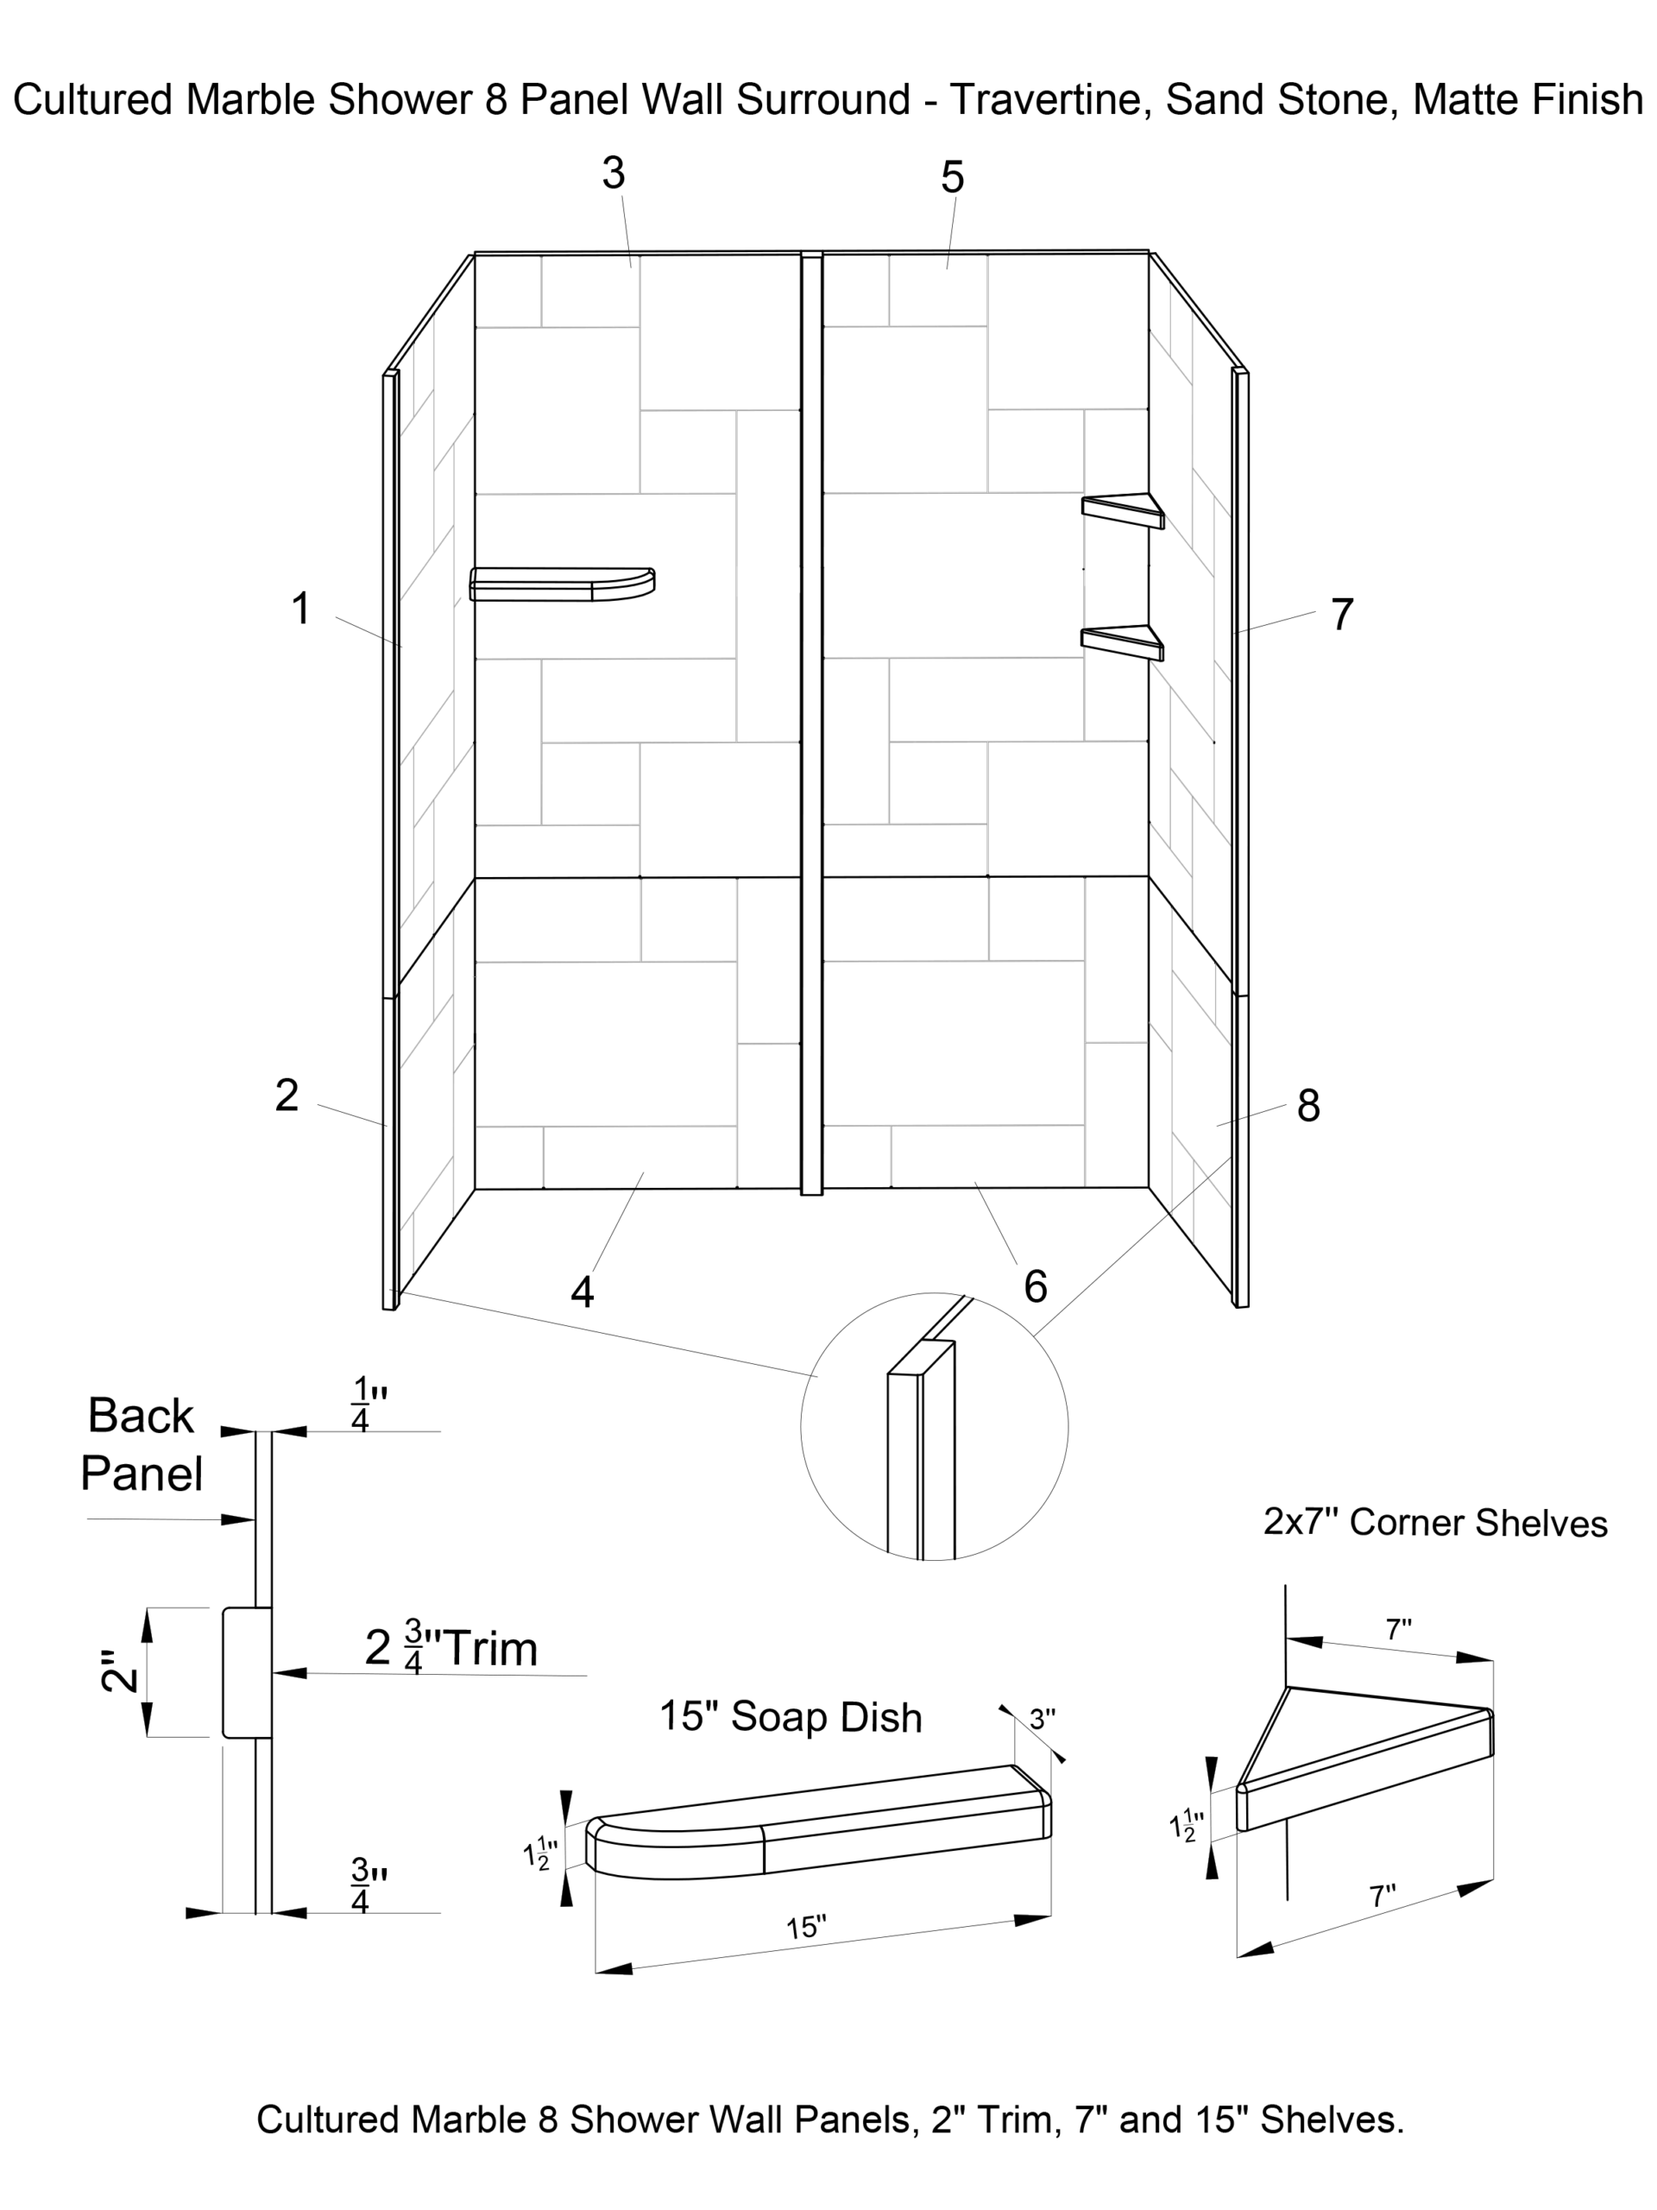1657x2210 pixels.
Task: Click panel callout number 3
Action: (x=614, y=174)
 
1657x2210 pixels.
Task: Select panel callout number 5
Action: (x=952, y=178)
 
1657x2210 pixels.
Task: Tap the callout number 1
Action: (x=300, y=609)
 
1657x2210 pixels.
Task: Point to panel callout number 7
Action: (x=1341, y=615)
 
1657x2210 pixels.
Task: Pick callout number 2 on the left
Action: (x=287, y=1095)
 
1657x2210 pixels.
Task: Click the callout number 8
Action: (x=1308, y=1106)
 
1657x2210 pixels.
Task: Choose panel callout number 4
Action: (x=583, y=1291)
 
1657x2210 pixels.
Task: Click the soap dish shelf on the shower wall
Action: (x=563, y=584)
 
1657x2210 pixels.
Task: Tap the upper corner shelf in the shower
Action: (x=1124, y=508)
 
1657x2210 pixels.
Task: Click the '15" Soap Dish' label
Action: (x=790, y=1716)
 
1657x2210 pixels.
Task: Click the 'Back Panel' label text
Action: (x=141, y=1444)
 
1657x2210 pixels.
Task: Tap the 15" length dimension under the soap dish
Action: (x=806, y=1926)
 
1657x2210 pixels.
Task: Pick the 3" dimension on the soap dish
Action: (x=1042, y=1719)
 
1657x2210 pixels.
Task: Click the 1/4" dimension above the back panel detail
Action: (x=368, y=1405)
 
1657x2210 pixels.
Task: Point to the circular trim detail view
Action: (x=934, y=1426)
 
